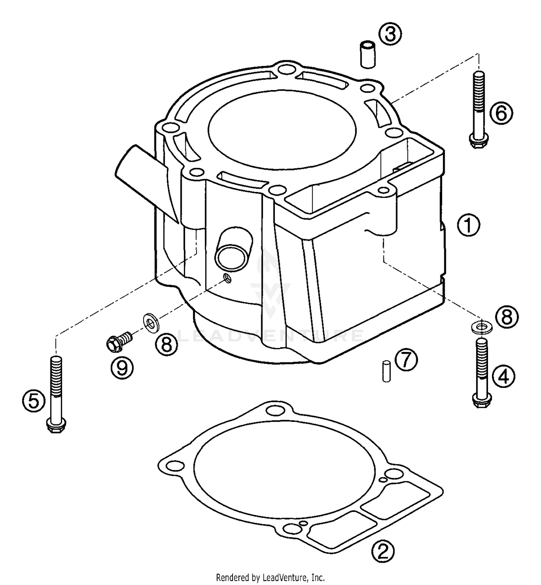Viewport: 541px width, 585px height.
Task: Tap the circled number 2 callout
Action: pyautogui.click(x=383, y=550)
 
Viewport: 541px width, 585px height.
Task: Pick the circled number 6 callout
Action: pyautogui.click(x=501, y=113)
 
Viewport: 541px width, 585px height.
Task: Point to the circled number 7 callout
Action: pyautogui.click(x=406, y=360)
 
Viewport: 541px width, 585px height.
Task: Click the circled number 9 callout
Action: pyautogui.click(x=122, y=368)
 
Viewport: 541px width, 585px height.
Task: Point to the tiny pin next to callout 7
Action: pyautogui.click(x=387, y=371)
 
